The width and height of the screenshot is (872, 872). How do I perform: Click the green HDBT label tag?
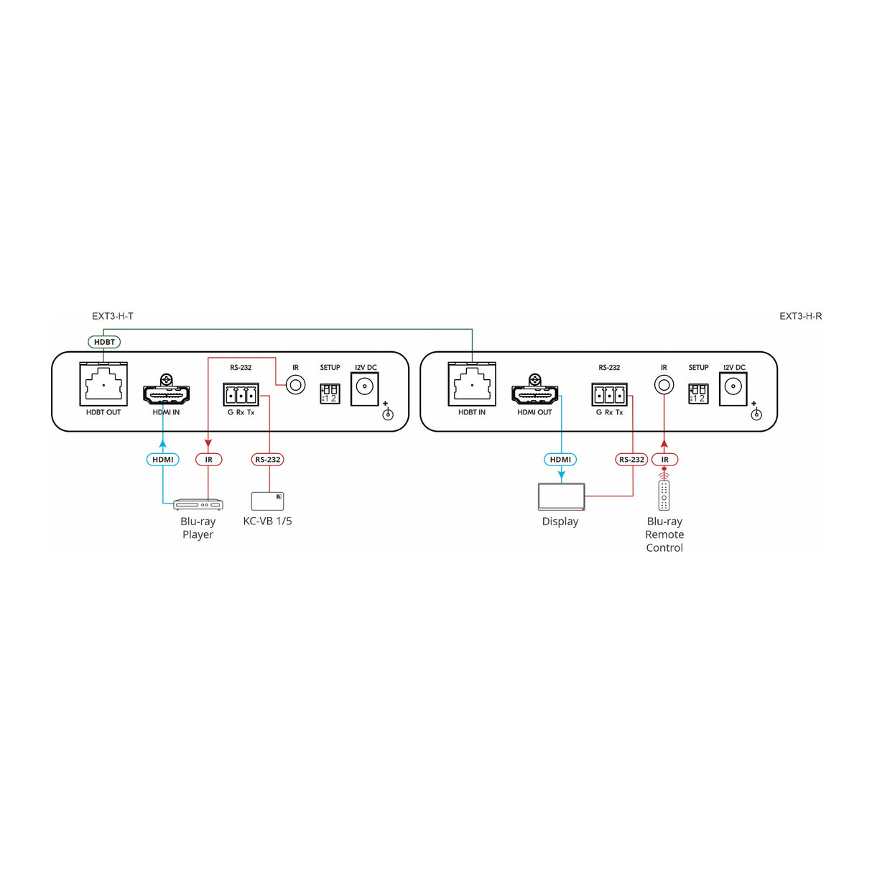click(x=104, y=342)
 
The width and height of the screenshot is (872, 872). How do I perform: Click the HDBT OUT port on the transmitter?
click(x=103, y=385)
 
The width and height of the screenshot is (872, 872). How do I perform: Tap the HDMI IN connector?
click(x=166, y=394)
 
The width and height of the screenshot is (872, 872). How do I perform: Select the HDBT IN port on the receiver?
click(x=472, y=385)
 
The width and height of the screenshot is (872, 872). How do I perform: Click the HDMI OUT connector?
click(x=534, y=394)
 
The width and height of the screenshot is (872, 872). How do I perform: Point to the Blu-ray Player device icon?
click(x=198, y=504)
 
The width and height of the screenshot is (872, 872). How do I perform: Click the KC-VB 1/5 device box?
click(x=267, y=501)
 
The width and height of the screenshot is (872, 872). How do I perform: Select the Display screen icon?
click(x=561, y=496)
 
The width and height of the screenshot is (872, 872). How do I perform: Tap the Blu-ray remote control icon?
click(x=664, y=495)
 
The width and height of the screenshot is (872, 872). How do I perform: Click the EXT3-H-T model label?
click(x=113, y=316)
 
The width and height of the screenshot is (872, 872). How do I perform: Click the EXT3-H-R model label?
click(x=800, y=316)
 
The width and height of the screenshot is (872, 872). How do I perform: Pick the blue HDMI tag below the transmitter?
click(x=163, y=460)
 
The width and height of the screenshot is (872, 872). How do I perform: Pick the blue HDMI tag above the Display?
click(x=560, y=460)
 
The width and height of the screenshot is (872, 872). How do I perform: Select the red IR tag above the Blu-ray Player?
click(x=209, y=460)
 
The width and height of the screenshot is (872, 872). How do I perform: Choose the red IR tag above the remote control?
click(x=665, y=460)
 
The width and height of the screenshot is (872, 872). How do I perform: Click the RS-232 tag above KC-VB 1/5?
click(x=268, y=460)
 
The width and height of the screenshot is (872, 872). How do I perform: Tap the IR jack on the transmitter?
click(x=295, y=385)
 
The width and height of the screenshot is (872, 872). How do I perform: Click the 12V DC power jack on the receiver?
click(x=733, y=389)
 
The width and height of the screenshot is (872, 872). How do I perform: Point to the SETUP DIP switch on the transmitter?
click(x=330, y=393)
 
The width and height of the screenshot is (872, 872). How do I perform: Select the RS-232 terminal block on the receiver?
click(x=609, y=394)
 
